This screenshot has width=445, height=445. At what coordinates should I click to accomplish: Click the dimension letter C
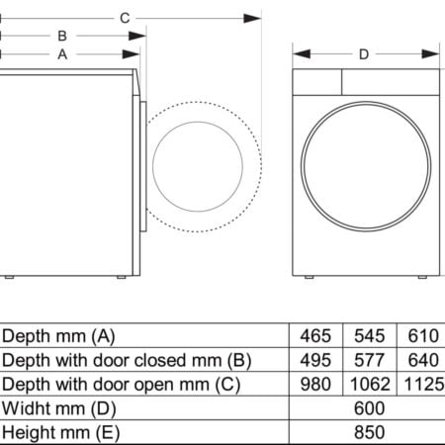(125, 18)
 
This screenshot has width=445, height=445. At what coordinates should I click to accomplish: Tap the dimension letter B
(62, 36)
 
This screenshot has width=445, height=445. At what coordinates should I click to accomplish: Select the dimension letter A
(62, 54)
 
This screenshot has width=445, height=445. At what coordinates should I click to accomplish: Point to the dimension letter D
(364, 54)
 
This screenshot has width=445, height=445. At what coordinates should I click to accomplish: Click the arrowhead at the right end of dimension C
(252, 19)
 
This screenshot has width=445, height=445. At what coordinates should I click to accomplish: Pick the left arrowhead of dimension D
(302, 53)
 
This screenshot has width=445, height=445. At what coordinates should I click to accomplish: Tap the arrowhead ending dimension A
(131, 54)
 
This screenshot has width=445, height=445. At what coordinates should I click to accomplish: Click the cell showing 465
(315, 336)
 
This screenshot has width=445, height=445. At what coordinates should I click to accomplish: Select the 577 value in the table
(370, 360)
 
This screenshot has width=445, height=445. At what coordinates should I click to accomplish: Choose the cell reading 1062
(370, 384)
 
